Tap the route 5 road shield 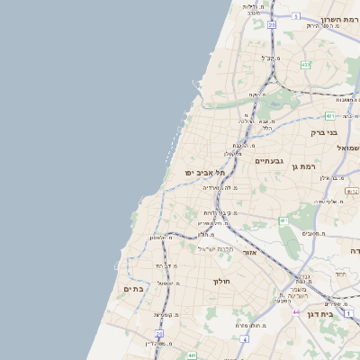coord(295,16)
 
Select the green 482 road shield coord(305,64)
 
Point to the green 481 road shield coord(330,115)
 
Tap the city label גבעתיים coord(269,161)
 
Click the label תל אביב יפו coord(203,172)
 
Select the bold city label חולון coord(221,282)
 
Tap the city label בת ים coord(133,289)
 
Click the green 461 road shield coord(283,220)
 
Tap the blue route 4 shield coord(244,339)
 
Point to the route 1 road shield coord(348,312)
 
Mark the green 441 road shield coord(191,355)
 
